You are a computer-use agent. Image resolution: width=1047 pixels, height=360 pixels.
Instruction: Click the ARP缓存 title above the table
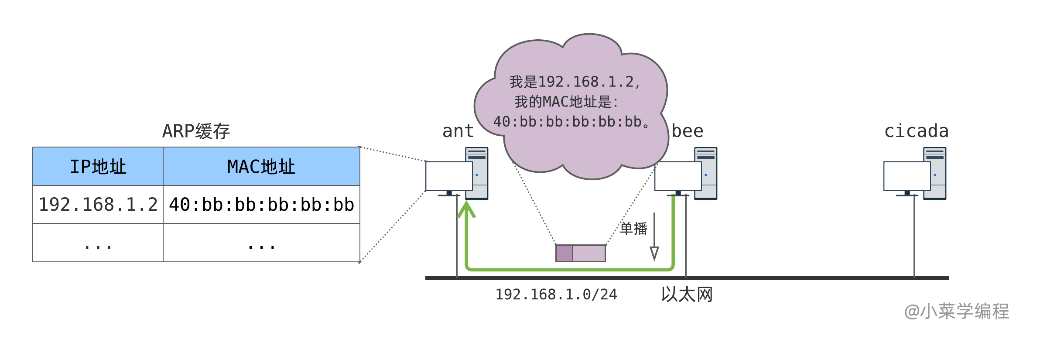(196, 131)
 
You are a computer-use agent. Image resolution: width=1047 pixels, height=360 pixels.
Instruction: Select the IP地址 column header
(98, 167)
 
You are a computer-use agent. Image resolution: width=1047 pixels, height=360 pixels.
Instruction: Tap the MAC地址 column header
(261, 167)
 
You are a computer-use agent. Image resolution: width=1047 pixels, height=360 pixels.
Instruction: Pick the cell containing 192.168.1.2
(98, 205)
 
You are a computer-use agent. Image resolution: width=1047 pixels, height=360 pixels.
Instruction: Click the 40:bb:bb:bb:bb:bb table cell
(261, 205)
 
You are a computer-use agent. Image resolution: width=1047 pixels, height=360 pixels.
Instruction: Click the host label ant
(458, 131)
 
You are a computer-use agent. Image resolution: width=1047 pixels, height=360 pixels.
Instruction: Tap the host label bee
(688, 131)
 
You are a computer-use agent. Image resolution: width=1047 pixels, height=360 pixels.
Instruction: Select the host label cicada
(916, 131)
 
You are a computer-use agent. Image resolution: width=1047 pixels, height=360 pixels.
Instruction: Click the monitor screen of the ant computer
(449, 176)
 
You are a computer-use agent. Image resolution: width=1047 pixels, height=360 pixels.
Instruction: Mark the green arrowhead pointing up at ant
(466, 209)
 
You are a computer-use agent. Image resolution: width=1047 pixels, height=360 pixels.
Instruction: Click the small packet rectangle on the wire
(581, 254)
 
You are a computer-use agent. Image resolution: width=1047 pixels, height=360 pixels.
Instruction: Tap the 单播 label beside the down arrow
(633, 229)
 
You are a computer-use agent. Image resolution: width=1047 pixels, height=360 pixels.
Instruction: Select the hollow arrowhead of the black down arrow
(654, 253)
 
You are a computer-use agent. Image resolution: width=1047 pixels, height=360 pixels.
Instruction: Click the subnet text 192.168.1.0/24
(556, 295)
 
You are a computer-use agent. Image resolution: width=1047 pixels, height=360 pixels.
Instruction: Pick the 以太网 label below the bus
(687, 295)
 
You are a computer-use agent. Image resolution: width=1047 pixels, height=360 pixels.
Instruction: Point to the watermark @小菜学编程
(956, 312)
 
